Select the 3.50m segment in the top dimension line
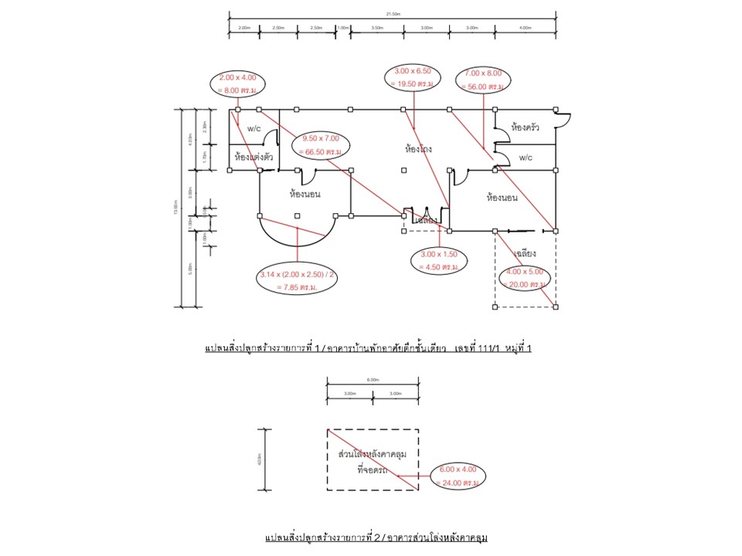pyautogui.click(x=377, y=28)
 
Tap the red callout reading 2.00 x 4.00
pyautogui.click(x=238, y=83)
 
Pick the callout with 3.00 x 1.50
pyautogui.click(x=439, y=260)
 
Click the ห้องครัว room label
pyautogui.click(x=526, y=127)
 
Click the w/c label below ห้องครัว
pyautogui.click(x=526, y=158)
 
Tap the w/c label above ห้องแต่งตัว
pyautogui.click(x=255, y=128)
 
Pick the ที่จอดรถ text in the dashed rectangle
pyautogui.click(x=372, y=470)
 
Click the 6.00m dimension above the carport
pyautogui.click(x=373, y=380)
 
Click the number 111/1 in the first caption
pyautogui.click(x=488, y=349)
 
